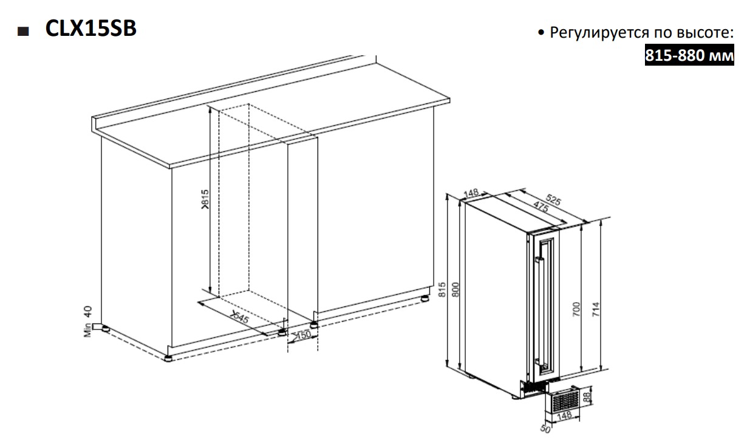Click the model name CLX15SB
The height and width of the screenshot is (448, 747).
(90, 28)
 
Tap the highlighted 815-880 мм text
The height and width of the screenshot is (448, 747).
(689, 55)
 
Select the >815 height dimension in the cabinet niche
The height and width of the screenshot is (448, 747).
(205, 199)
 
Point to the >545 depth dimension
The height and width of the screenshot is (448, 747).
(240, 317)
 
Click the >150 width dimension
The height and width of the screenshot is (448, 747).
(302, 334)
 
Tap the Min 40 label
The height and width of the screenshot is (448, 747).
(87, 322)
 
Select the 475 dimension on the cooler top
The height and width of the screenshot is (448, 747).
(541, 207)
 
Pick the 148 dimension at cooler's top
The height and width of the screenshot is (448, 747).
(471, 193)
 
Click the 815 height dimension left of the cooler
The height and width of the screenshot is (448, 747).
(442, 290)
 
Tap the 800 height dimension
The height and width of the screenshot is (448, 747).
(455, 290)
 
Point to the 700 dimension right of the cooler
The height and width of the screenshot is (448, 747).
(576, 309)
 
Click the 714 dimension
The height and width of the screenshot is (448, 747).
(596, 309)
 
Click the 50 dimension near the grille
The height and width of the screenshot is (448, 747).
(545, 429)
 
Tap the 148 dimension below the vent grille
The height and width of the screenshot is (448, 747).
(564, 416)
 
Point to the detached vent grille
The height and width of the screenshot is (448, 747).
(562, 399)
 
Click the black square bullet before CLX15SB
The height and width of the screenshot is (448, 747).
(23, 32)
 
